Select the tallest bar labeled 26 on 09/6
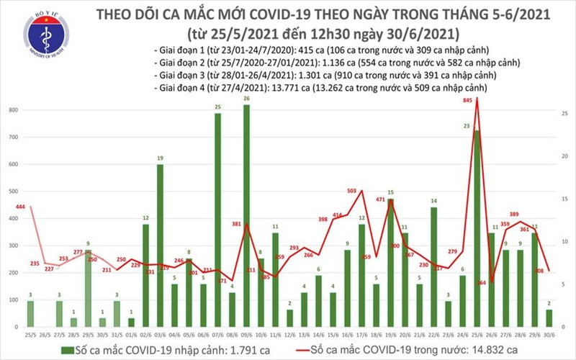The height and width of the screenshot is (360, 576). pos(247,216)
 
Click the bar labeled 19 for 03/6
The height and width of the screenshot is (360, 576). pos(160,245)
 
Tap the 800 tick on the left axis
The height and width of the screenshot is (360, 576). pos(13,110)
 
